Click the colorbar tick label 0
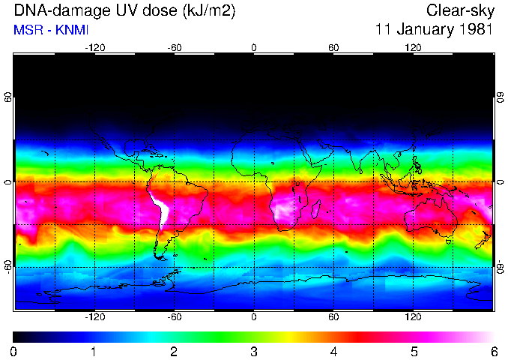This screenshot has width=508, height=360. (x=14, y=351)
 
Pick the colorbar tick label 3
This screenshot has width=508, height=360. (x=254, y=351)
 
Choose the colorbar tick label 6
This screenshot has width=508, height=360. (x=493, y=351)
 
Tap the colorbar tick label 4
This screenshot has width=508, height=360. (x=333, y=351)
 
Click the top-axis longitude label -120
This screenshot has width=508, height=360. (x=94, y=48)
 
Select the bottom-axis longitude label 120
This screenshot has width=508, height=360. (x=413, y=316)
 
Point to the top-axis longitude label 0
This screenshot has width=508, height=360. (x=254, y=48)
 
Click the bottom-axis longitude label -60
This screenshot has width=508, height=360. (x=174, y=316)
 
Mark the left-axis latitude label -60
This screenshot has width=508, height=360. (x=8, y=267)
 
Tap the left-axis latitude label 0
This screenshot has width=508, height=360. (x=8, y=181)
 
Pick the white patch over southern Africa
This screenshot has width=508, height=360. (x=283, y=209)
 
